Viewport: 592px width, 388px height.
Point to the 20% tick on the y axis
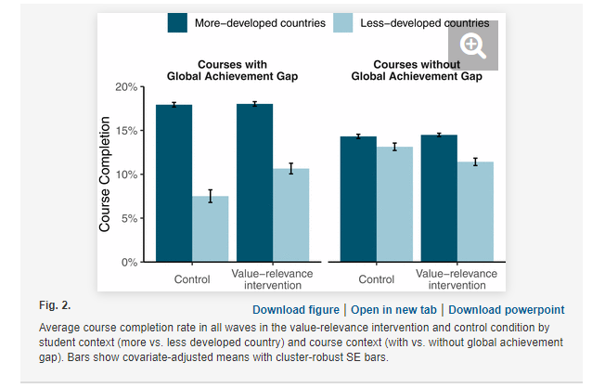pos(124,86)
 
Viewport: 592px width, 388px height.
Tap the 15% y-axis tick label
pos(124,130)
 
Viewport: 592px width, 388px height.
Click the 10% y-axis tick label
pos(124,174)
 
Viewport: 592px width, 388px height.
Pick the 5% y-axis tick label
pos(127,218)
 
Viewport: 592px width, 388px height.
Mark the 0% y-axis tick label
pos(127,262)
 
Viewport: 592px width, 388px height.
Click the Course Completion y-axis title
pos(105,175)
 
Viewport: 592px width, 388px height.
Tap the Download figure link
pos(296,310)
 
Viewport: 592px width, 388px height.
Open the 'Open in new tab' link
pos(393,310)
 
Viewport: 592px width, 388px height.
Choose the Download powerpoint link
pos(506,310)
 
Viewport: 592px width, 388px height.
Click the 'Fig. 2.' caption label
pos(56,304)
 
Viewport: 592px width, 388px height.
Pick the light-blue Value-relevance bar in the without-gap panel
pos(475,212)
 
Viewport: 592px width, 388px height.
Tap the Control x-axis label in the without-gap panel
pos(376,278)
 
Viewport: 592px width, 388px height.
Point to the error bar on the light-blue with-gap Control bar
pos(211,196)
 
